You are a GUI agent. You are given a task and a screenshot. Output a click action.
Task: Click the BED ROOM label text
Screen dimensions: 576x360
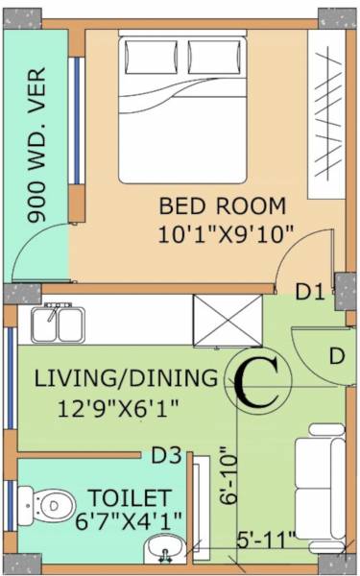tap(222, 204)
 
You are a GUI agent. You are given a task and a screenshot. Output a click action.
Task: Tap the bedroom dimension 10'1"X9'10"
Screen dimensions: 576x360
tap(228, 233)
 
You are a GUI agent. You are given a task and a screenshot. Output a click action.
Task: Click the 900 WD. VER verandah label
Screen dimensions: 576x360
tap(38, 158)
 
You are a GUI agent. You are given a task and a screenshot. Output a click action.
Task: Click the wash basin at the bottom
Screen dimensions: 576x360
tap(165, 551)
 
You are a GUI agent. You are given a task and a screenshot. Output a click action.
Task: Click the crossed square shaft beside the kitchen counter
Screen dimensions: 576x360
tap(227, 319)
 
